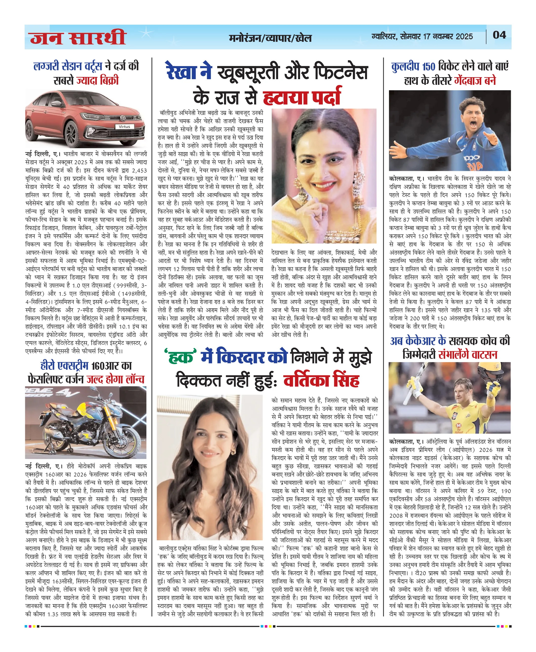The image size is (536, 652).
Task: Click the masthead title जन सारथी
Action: [x=78, y=38]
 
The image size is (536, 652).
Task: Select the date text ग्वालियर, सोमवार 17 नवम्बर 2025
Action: [x=422, y=37]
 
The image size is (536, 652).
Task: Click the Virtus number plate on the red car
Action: [x=124, y=127]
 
